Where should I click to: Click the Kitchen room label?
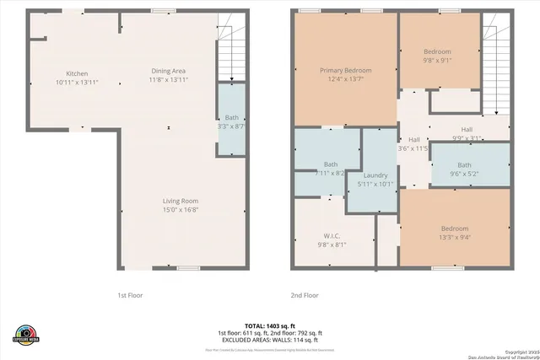coord(72,78)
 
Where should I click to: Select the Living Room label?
coord(181,205)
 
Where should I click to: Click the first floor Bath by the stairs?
coord(230,121)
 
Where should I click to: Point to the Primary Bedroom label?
coord(345,75)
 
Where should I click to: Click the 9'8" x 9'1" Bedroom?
coord(437,56)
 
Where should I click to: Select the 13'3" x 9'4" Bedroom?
coord(454,232)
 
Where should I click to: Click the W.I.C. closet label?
coord(332,240)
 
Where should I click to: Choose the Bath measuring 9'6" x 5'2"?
coord(466,169)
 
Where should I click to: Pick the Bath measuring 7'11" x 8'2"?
coord(331,168)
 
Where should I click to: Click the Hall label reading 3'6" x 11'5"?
coord(413,143)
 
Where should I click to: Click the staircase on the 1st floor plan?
coord(230,51)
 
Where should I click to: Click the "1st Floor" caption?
coord(133,295)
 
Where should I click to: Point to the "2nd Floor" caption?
coord(305,295)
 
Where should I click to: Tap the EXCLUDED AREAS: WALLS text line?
coord(270,339)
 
